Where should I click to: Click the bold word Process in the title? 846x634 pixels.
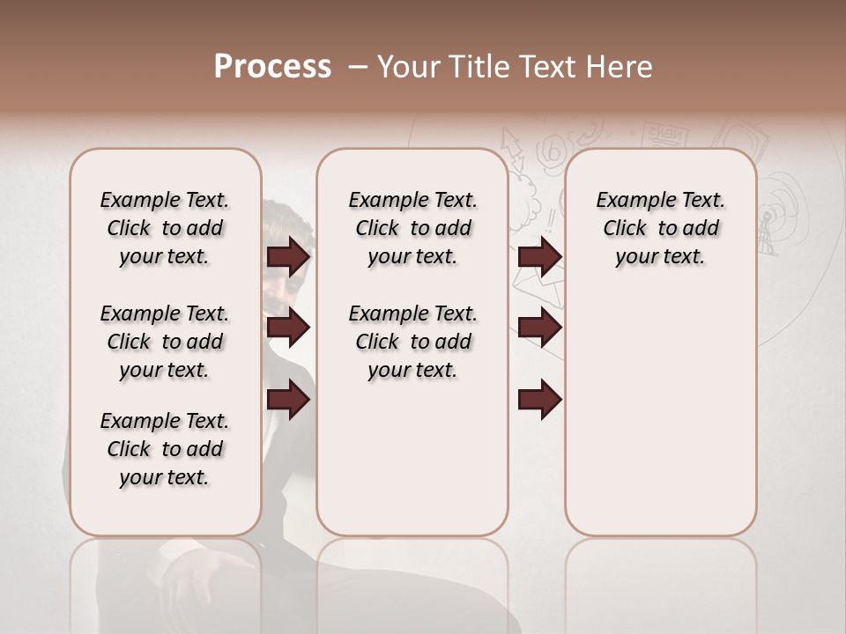click(x=272, y=66)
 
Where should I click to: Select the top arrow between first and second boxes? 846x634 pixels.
click(x=288, y=256)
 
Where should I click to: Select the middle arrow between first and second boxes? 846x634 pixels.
click(x=288, y=328)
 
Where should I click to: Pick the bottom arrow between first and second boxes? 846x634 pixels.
click(x=288, y=400)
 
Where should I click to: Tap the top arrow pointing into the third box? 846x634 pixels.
click(x=539, y=256)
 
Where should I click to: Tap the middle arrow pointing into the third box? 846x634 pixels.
click(x=539, y=328)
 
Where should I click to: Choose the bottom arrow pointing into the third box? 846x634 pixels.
click(x=539, y=400)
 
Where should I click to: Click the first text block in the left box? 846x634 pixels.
click(x=165, y=228)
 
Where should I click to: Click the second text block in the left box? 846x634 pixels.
click(x=165, y=342)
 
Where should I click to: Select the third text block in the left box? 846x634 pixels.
click(x=165, y=449)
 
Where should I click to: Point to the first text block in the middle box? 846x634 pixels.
click(x=412, y=228)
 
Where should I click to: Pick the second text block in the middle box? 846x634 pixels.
click(x=412, y=342)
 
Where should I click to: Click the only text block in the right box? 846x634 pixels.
click(x=660, y=228)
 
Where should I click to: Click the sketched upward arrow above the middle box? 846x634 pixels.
click(x=511, y=146)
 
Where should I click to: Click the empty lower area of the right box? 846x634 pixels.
click(x=660, y=423)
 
